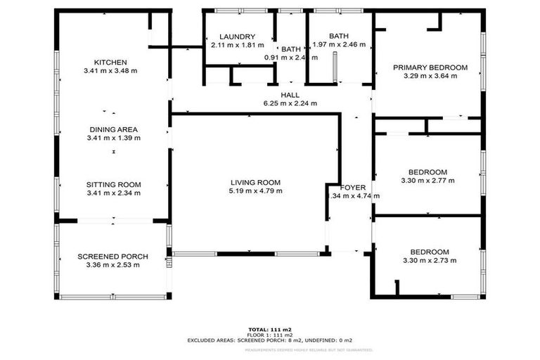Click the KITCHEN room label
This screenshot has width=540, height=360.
[x=110, y=61]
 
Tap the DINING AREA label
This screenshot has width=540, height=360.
[x=113, y=129]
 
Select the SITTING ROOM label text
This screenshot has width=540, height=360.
[x=113, y=184]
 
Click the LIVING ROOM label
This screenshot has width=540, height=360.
[x=256, y=182]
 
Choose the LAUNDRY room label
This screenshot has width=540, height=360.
[x=236, y=37]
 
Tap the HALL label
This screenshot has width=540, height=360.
[x=290, y=94]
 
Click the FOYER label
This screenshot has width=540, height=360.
[x=353, y=188]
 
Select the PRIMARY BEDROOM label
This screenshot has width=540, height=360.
[x=430, y=67]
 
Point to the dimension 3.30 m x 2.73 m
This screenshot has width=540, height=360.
[x=430, y=261]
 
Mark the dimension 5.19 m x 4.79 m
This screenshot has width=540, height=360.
[x=256, y=191]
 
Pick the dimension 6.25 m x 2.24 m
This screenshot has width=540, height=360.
[x=290, y=103]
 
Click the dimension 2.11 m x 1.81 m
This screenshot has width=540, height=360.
[x=236, y=45]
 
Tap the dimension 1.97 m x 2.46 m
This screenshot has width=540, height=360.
[x=339, y=45]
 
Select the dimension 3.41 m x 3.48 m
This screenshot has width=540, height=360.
[x=110, y=70]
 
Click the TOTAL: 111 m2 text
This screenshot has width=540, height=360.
[x=270, y=329]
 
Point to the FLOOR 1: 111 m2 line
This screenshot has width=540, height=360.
[x=270, y=335]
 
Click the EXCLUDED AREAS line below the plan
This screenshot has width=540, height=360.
[x=270, y=340]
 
